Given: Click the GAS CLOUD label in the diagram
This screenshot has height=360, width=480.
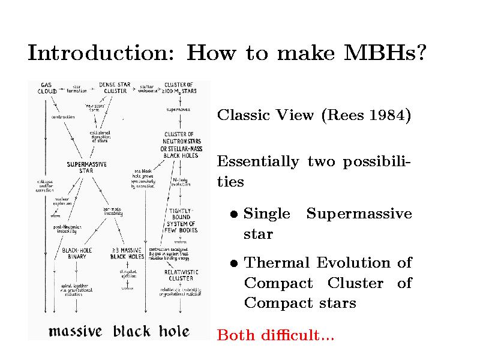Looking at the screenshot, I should point(47,88).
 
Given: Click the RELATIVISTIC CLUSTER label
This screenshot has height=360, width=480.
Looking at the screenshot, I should point(181,275).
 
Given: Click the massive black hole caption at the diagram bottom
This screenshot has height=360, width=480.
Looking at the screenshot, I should point(119,331).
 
